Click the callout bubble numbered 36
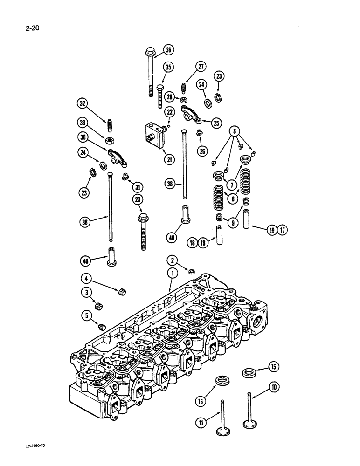click(x=168, y=50)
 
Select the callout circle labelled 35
click(x=168, y=67)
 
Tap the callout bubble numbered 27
click(x=201, y=67)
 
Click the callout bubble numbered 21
click(x=169, y=159)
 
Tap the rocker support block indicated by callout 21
click(x=155, y=134)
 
